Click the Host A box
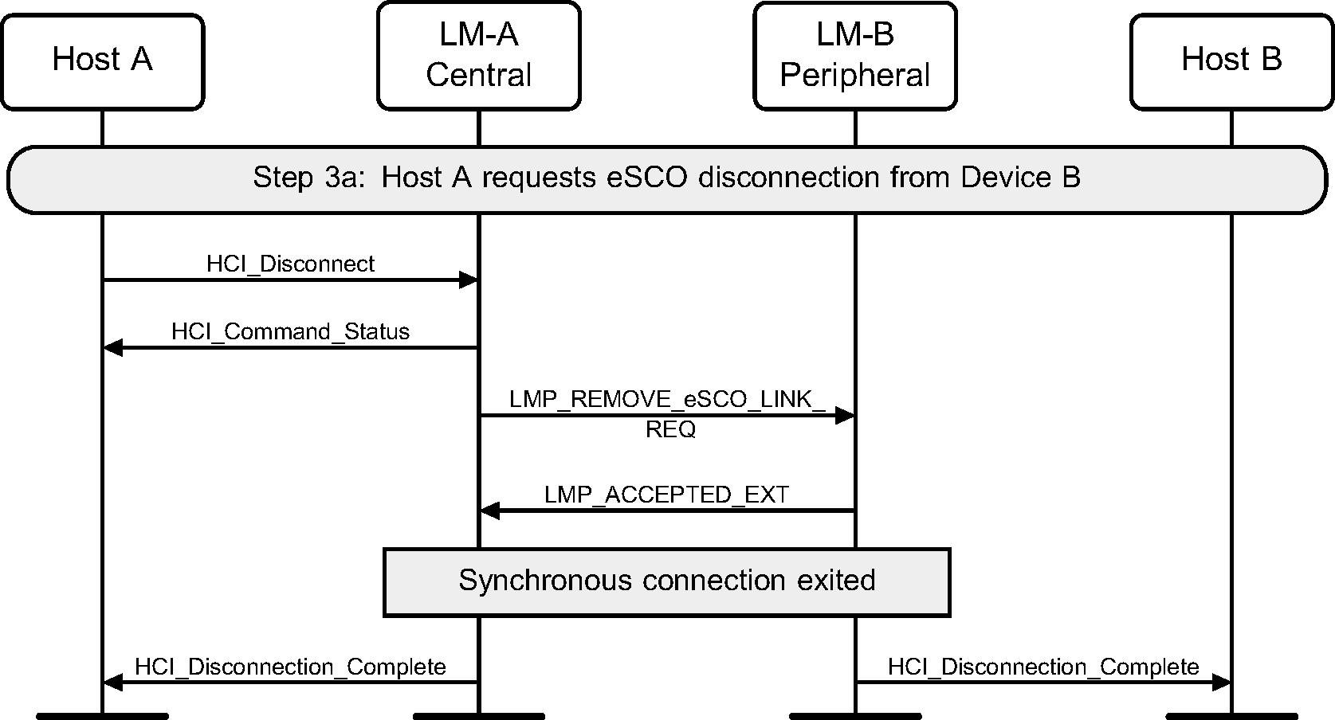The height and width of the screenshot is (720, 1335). (102, 61)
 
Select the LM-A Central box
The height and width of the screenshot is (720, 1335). (478, 56)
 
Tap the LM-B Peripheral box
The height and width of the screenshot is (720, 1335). (854, 56)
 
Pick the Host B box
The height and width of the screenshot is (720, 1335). (1231, 61)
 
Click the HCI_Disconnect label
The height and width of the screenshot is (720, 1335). (290, 264)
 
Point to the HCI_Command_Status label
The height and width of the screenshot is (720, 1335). (290, 332)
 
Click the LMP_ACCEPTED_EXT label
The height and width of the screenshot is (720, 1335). (666, 495)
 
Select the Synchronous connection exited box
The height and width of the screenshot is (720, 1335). (666, 581)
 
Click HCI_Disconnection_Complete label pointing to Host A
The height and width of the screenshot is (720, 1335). (290, 667)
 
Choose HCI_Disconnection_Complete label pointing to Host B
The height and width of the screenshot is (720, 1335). (1043, 667)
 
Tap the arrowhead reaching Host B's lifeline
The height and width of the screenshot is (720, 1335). (1221, 682)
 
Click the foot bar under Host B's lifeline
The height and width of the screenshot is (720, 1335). (1231, 715)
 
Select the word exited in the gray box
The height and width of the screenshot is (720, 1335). (836, 581)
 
